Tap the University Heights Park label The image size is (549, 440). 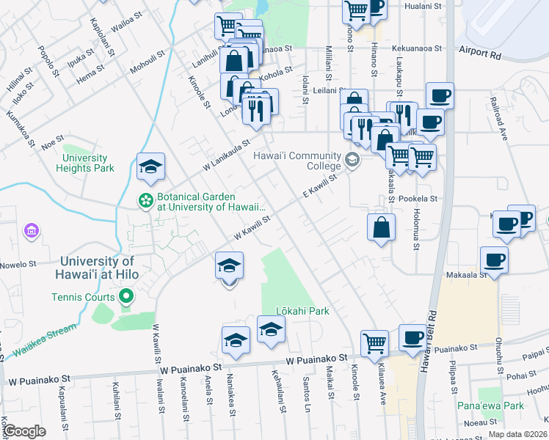pyautogui.click(x=84, y=163)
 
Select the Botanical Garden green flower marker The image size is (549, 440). pyautogui.click(x=146, y=199)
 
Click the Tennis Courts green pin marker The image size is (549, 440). pyautogui.click(x=126, y=297)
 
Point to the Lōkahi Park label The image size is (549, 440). pyautogui.click(x=302, y=310)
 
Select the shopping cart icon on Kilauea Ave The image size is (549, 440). pyautogui.click(x=374, y=342)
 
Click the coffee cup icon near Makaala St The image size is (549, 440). pyautogui.click(x=494, y=260)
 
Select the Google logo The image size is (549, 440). pyautogui.click(x=24, y=430)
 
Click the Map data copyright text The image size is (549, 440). pyautogui.click(x=519, y=434)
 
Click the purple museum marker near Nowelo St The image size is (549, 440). pyautogui.click(x=31, y=232)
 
